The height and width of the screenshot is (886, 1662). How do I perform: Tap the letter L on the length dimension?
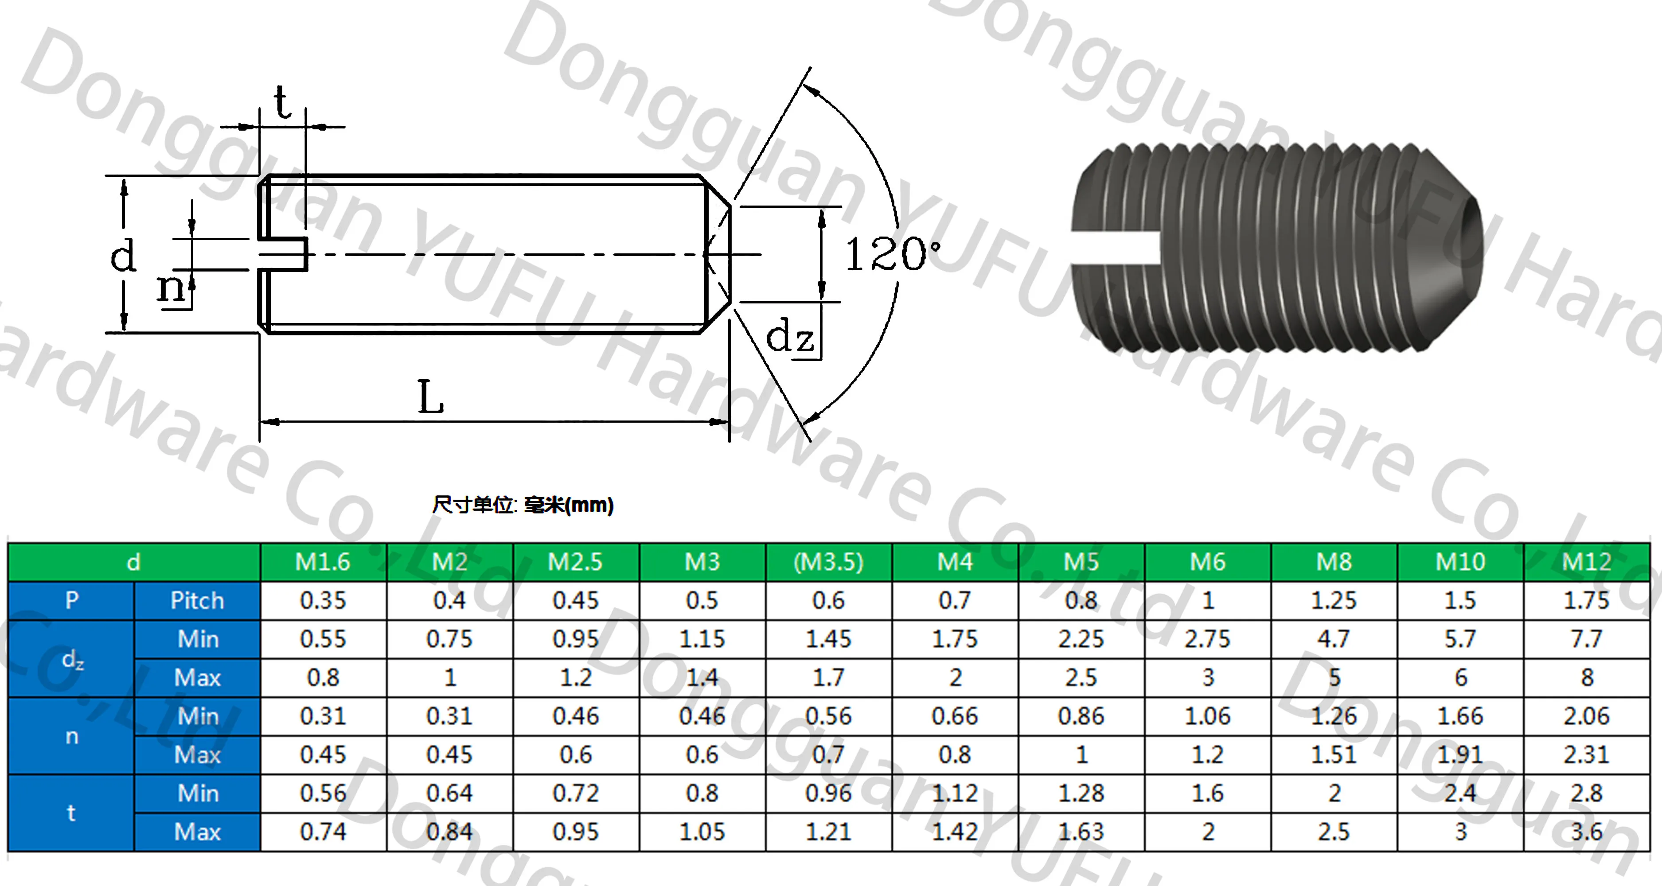430,396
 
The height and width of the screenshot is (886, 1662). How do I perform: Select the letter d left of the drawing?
123,255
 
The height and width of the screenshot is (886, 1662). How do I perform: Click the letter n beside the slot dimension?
171,287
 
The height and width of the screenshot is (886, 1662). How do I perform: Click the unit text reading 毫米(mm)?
568,505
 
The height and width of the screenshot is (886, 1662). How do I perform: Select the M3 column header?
702,562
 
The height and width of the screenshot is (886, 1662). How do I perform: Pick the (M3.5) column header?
828,562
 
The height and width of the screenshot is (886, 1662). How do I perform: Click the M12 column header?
1587,562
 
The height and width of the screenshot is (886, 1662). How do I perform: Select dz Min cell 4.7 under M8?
1334,639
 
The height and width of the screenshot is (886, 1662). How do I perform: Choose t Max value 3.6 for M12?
1587,832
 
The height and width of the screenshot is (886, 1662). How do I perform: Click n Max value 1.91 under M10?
1460,754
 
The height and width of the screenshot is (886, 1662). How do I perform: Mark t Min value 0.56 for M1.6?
323,793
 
